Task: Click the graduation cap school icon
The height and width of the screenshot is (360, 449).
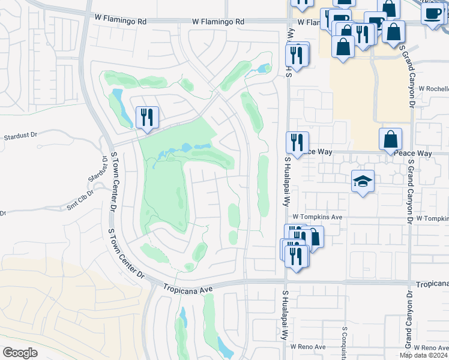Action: pyautogui.click(x=363, y=181)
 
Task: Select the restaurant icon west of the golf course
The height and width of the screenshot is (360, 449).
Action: pyautogui.click(x=147, y=117)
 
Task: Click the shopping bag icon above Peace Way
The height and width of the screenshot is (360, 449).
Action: pyautogui.click(x=390, y=139)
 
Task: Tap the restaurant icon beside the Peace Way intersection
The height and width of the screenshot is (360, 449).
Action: pyautogui.click(x=297, y=143)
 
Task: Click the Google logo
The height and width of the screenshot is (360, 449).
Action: pyautogui.click(x=20, y=352)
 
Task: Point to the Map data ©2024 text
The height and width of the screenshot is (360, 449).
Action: pyautogui.click(x=424, y=355)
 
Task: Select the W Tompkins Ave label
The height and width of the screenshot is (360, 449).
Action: pyautogui.click(x=317, y=217)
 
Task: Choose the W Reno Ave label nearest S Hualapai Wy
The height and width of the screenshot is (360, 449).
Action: pyautogui.click(x=307, y=347)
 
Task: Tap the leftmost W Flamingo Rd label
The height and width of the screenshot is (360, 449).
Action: pyautogui.click(x=120, y=20)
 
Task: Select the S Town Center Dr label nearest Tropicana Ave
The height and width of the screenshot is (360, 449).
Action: pyautogui.click(x=125, y=253)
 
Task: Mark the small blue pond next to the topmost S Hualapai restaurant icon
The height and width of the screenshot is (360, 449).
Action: pyautogui.click(x=262, y=69)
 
